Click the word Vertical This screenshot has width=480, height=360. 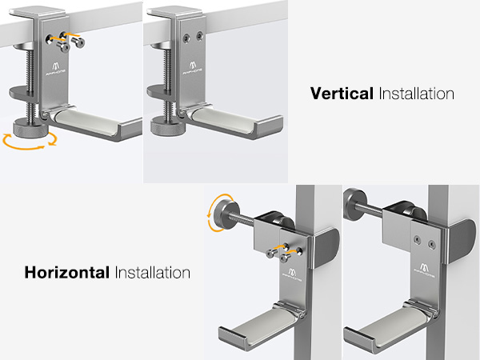pos(342,93)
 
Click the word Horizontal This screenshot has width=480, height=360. pos(66,272)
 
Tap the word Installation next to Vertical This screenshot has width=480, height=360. pos(416,94)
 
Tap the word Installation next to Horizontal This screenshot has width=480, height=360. pos(153,273)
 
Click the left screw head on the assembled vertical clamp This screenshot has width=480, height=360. pos(186,38)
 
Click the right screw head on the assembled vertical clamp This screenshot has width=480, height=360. pos(200,36)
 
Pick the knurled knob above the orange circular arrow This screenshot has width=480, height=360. pos(30,130)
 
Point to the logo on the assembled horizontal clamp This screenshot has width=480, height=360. pos(424,270)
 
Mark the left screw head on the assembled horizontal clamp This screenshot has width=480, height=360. pos(416,240)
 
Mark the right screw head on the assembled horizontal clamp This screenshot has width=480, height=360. pos(432,244)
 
